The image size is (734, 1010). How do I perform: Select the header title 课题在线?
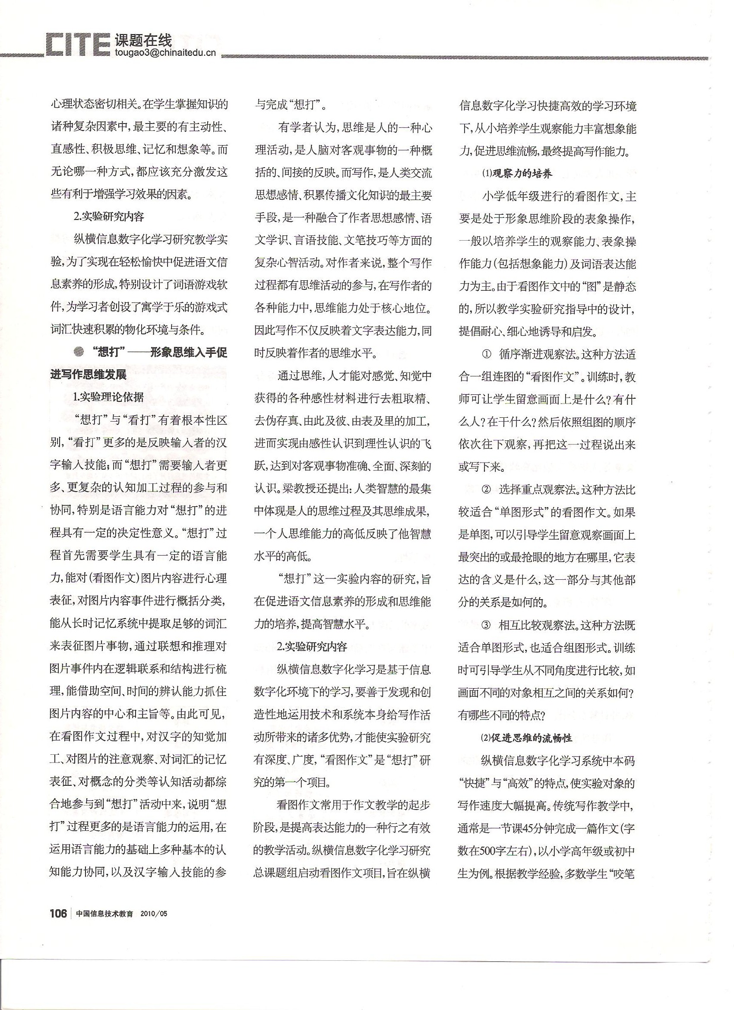point(143,41)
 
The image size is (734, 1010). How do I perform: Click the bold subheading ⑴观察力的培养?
point(517,174)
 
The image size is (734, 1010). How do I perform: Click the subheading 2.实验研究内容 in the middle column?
point(312,647)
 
